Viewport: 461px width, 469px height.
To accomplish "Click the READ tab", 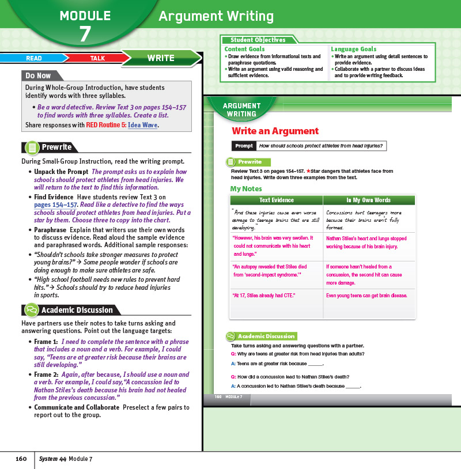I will (x=33, y=58).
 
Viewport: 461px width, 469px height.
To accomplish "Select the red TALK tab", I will (x=97, y=58).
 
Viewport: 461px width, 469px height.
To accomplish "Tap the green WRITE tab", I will (x=161, y=58).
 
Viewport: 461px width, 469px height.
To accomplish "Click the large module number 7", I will (x=85, y=34).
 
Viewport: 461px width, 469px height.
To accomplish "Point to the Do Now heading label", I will (x=38, y=75).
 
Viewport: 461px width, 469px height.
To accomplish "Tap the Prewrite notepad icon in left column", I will (x=32, y=147).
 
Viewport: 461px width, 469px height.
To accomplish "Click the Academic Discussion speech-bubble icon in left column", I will (x=32, y=310).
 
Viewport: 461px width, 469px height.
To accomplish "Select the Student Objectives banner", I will (x=258, y=40).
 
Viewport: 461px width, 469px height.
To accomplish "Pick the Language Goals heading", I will (x=353, y=50).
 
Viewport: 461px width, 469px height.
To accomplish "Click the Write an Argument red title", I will (x=275, y=131).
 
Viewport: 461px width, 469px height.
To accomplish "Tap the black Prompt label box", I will (x=243, y=146).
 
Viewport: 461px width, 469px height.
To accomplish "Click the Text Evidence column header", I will (x=277, y=200).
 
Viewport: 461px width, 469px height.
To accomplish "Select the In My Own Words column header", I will (x=368, y=200).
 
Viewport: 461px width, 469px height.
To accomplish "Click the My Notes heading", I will (x=245, y=188).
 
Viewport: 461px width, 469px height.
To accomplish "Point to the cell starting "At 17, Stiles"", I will (x=263, y=296).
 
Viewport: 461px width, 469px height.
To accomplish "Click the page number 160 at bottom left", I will (x=21, y=459).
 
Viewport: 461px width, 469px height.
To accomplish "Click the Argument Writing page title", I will (x=216, y=16).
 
